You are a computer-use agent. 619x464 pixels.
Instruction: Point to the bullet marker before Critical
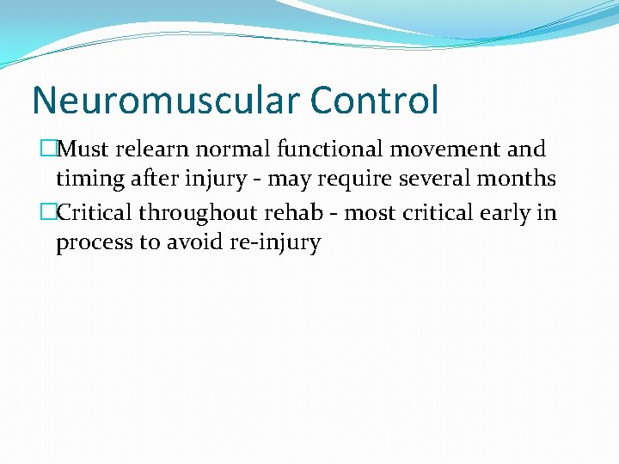[x=48, y=212]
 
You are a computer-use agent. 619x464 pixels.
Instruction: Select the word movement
[x=444, y=150]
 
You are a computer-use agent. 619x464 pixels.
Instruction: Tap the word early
[x=504, y=212]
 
